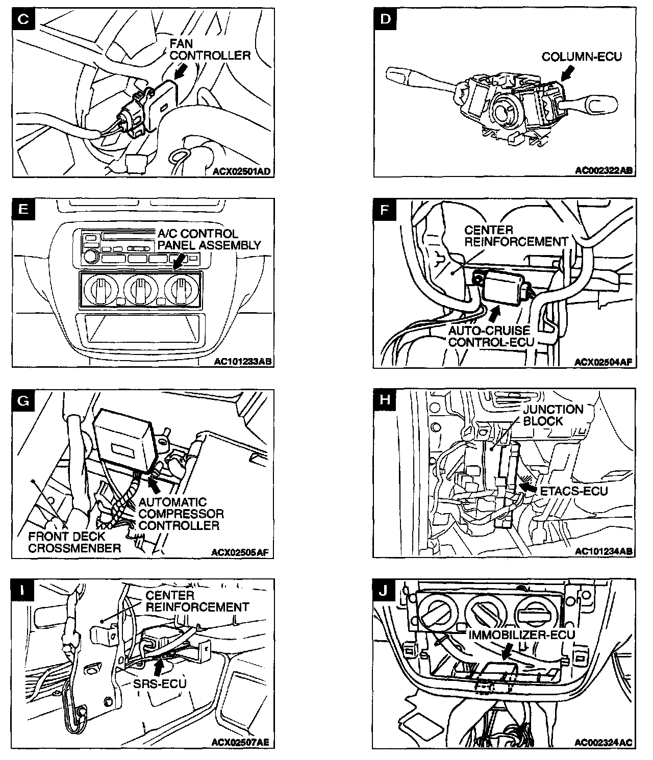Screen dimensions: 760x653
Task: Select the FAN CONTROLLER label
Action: (210, 49)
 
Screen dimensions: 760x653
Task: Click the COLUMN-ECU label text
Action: (582, 57)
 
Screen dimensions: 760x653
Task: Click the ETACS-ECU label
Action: (573, 491)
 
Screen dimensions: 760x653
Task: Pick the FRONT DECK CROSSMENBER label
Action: (74, 542)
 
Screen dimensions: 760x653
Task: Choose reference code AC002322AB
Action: (604, 171)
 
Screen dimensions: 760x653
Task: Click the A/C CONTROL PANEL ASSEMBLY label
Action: (208, 239)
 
